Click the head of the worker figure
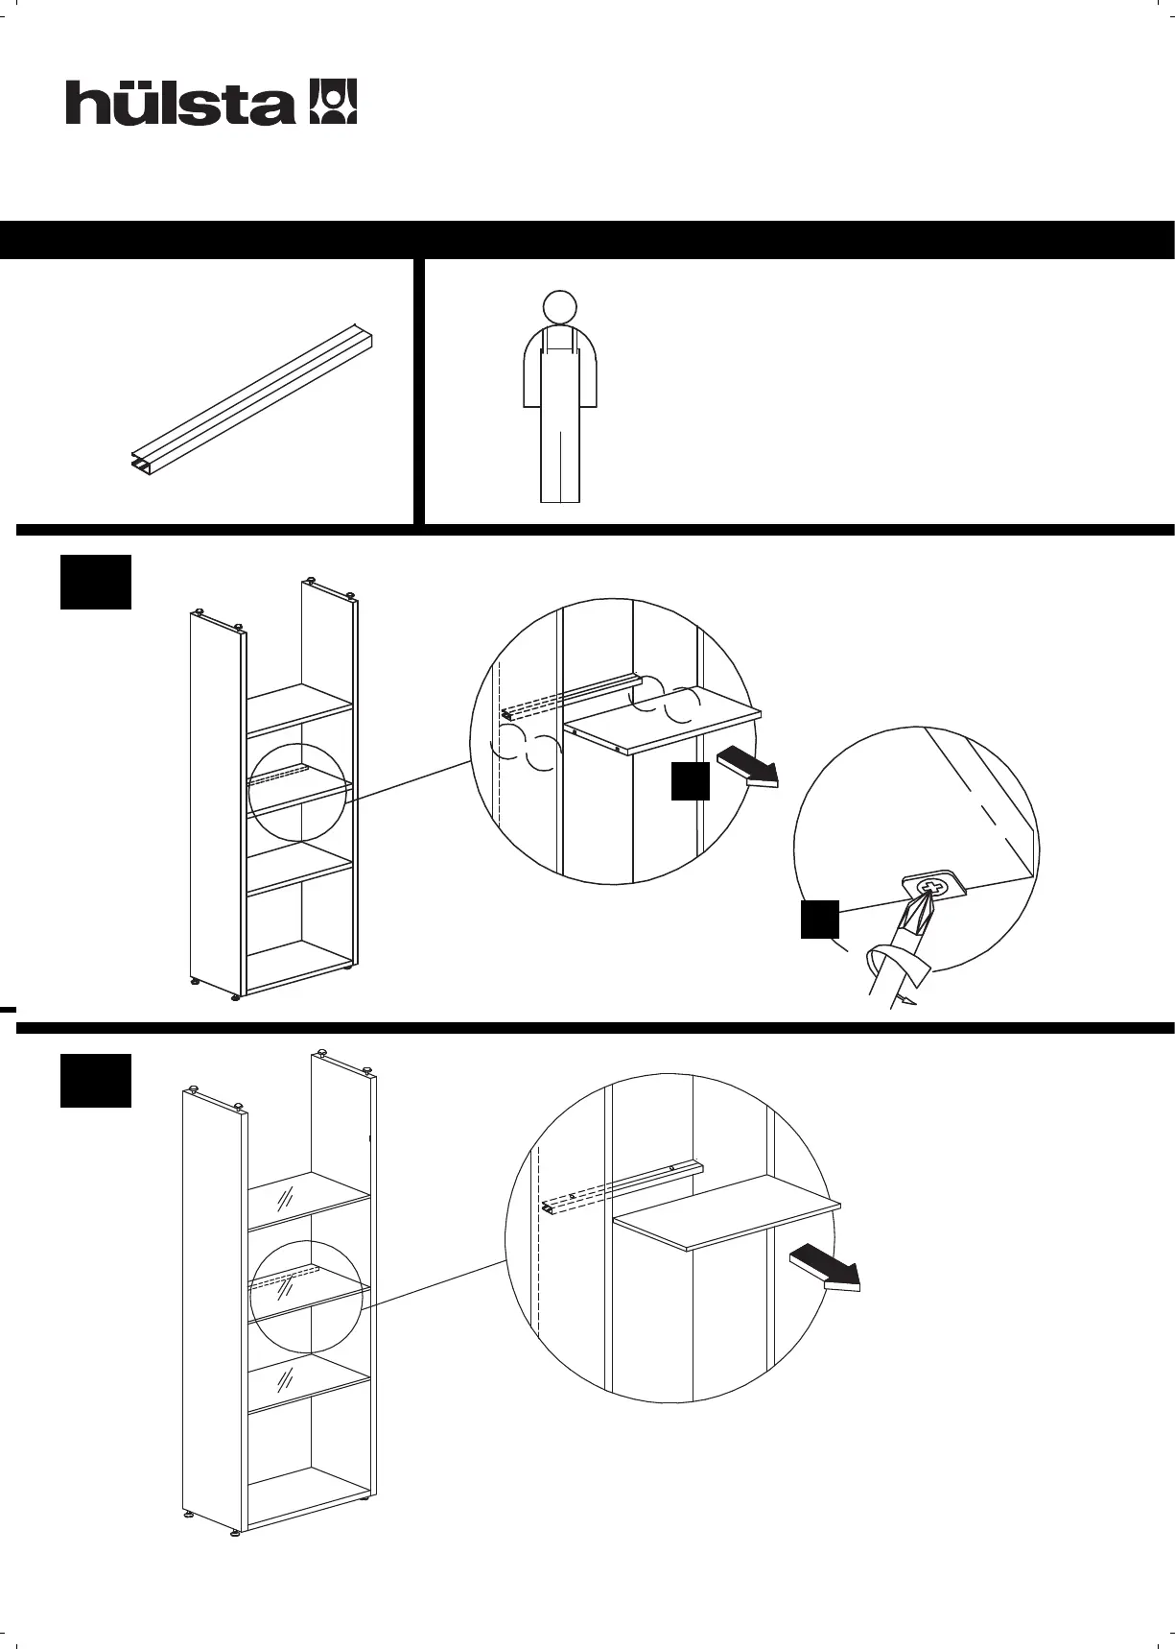[559, 307]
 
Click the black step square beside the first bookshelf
[96, 581]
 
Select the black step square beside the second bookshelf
[96, 1080]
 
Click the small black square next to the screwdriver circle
[820, 919]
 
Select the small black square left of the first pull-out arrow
[690, 781]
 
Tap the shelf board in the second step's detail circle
[729, 1213]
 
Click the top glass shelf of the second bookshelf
[309, 1198]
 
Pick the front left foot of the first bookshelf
[236, 995]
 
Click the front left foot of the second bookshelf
[236, 1534]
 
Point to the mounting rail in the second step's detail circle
[623, 1183]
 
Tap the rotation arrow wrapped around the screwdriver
[897, 963]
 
